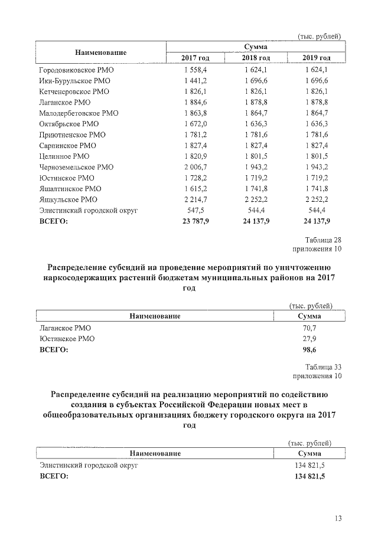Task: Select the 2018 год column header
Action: pos(256,57)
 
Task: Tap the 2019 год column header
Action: pos(316,57)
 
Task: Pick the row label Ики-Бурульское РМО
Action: pos(75,81)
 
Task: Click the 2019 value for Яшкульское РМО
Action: pos(316,199)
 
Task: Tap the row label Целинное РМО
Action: pos(64,156)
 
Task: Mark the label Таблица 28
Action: pos(323,240)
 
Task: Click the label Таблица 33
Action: pos(323,366)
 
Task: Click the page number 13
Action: pos(337,519)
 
